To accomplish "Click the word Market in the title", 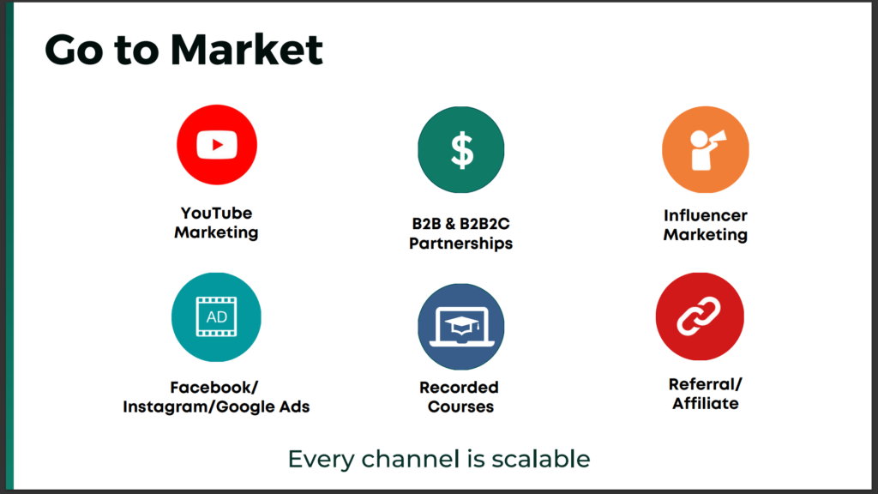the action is (246, 50).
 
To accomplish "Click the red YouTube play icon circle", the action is (217, 144).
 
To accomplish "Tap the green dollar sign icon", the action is (460, 149).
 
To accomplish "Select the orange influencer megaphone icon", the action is (706, 149).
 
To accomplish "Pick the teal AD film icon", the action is (216, 317).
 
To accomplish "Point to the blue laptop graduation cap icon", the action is (460, 327).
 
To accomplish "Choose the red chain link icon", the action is (700, 316).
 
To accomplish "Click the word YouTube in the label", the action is (216, 213).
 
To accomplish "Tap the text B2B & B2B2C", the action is (460, 224).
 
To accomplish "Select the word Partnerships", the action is (460, 244).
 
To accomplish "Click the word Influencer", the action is (706, 215).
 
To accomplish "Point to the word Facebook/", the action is (213, 387).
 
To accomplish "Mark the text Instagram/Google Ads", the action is (216, 407).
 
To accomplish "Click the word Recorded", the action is (460, 387).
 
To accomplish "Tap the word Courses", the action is (460, 407).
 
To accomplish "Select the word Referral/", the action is (706, 384).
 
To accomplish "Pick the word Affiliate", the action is (706, 403).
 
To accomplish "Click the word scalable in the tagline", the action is (541, 459).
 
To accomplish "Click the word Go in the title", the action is (74, 50).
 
